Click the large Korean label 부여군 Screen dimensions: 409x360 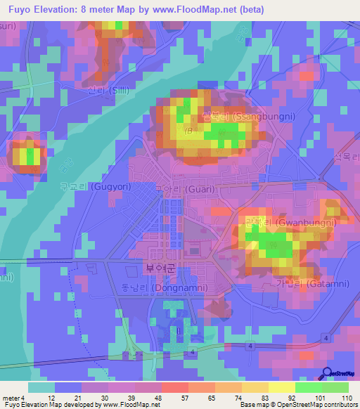[158, 268]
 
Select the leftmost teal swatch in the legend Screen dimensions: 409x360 [41, 387]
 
